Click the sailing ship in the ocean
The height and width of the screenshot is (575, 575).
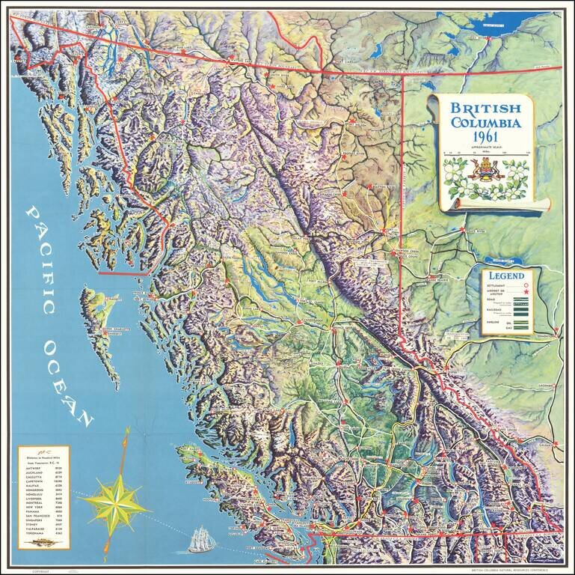coord(199,538)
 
